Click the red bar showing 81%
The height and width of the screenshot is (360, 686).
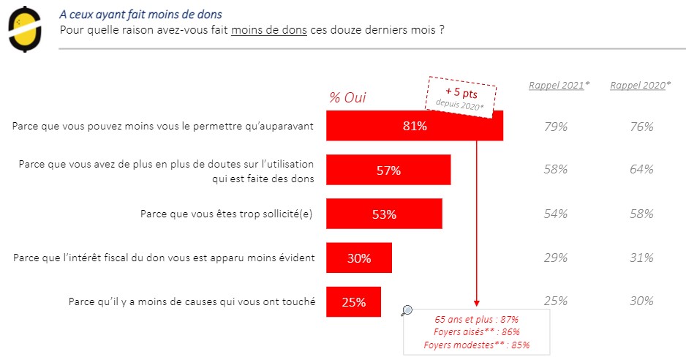(414, 126)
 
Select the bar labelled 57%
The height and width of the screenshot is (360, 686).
(388, 170)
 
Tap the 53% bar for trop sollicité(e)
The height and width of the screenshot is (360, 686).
(383, 214)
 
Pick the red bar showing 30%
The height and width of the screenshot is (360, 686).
(358, 258)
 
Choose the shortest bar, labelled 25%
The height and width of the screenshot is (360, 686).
(353, 301)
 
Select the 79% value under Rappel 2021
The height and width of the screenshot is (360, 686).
(557, 126)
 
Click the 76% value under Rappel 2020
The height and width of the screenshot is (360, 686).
(641, 126)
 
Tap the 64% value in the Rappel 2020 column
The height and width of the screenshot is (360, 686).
(641, 170)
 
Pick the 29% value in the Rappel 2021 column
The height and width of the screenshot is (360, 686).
(557, 258)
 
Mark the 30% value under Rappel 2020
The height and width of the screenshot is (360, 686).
(641, 301)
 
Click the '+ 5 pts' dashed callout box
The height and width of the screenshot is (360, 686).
(461, 94)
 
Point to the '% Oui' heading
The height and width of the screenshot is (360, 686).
(347, 98)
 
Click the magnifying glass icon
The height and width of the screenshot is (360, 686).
(407, 310)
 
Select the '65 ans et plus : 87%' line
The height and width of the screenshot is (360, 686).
(476, 320)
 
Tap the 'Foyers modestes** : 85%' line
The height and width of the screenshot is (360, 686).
(476, 345)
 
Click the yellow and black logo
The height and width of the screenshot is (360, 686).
(24, 29)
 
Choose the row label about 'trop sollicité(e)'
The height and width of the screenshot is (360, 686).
(227, 214)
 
